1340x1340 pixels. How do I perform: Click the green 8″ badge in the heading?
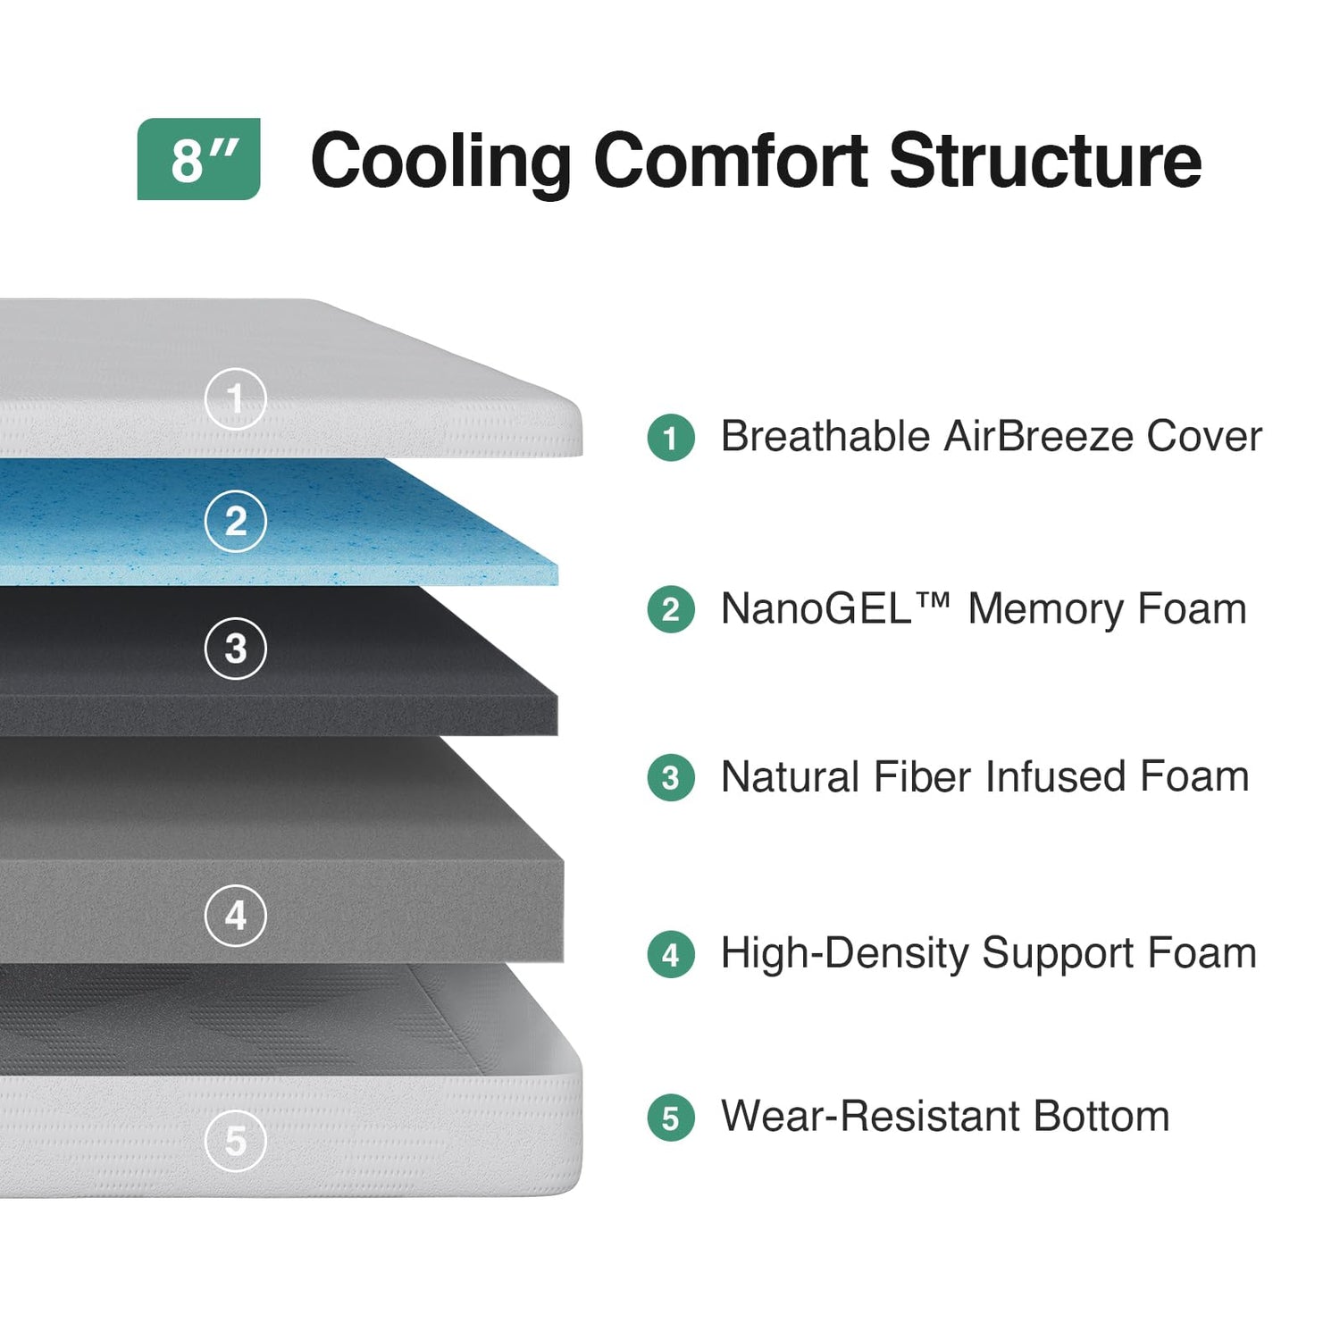click(198, 159)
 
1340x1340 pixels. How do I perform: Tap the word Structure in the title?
click(1045, 161)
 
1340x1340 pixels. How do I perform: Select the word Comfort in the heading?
click(731, 161)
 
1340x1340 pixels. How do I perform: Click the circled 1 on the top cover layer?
click(235, 398)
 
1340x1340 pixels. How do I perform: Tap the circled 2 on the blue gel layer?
click(235, 521)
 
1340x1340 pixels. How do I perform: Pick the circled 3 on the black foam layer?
click(235, 649)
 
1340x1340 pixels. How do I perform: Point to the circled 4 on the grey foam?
click(235, 915)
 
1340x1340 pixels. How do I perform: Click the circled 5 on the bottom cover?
click(235, 1140)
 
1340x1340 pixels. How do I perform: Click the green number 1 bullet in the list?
click(671, 438)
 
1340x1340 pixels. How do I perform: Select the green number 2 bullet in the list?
click(671, 609)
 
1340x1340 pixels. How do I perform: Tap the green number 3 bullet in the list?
click(671, 778)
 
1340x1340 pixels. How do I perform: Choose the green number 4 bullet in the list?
click(671, 954)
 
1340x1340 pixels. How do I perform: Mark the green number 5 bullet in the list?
click(671, 1118)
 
